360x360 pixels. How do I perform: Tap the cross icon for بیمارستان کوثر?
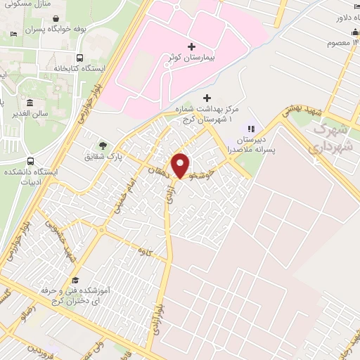pyautogui.click(x=191, y=46)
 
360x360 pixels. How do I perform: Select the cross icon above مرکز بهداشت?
pyautogui.click(x=206, y=98)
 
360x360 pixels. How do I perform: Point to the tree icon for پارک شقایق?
pyautogui.click(x=103, y=146)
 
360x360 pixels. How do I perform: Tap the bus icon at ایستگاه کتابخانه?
pyautogui.click(x=79, y=58)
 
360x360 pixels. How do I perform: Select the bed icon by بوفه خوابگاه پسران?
pyautogui.click(x=14, y=34)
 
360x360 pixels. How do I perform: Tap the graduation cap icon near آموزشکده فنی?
pyautogui.click(x=75, y=280)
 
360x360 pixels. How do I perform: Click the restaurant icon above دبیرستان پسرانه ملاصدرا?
pyautogui.click(x=250, y=129)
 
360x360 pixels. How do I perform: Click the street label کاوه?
pyautogui.click(x=146, y=251)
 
